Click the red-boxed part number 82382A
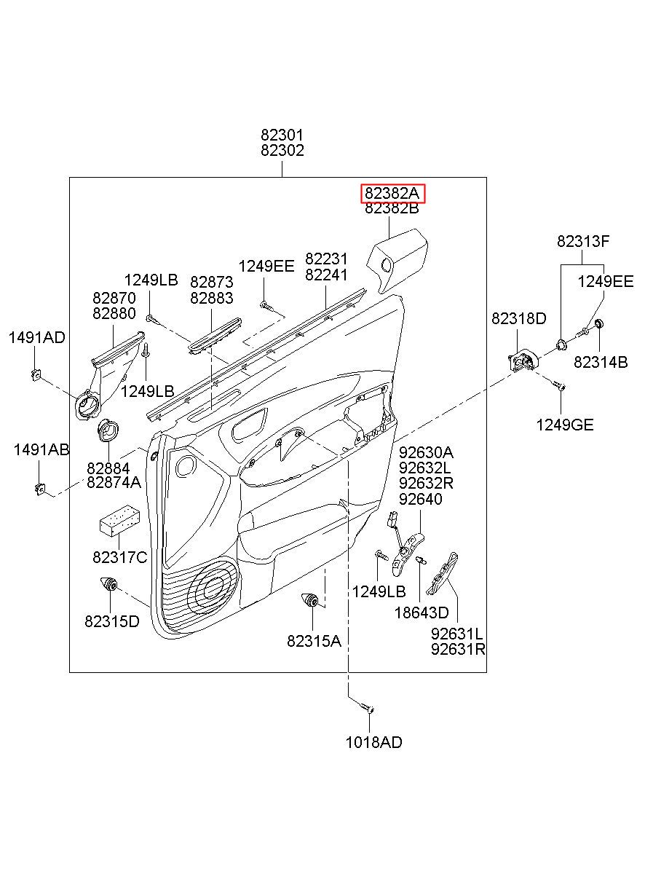tap(392, 193)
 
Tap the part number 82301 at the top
tap(282, 135)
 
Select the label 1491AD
tap(37, 337)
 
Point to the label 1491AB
tap(41, 449)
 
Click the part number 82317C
tap(120, 557)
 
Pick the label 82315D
tap(112, 621)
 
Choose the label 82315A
tap(314, 641)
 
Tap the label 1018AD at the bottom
tap(374, 742)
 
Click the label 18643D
tap(422, 613)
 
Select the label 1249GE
tap(565, 425)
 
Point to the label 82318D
tap(519, 318)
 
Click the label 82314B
tap(601, 362)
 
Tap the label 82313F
tap(583, 241)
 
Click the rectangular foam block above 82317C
tap(119, 521)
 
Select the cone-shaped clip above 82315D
tap(108, 584)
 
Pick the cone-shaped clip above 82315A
tap(310, 600)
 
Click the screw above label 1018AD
tap(367, 707)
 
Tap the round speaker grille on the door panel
tap(213, 589)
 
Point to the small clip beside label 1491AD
tap(36, 375)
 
